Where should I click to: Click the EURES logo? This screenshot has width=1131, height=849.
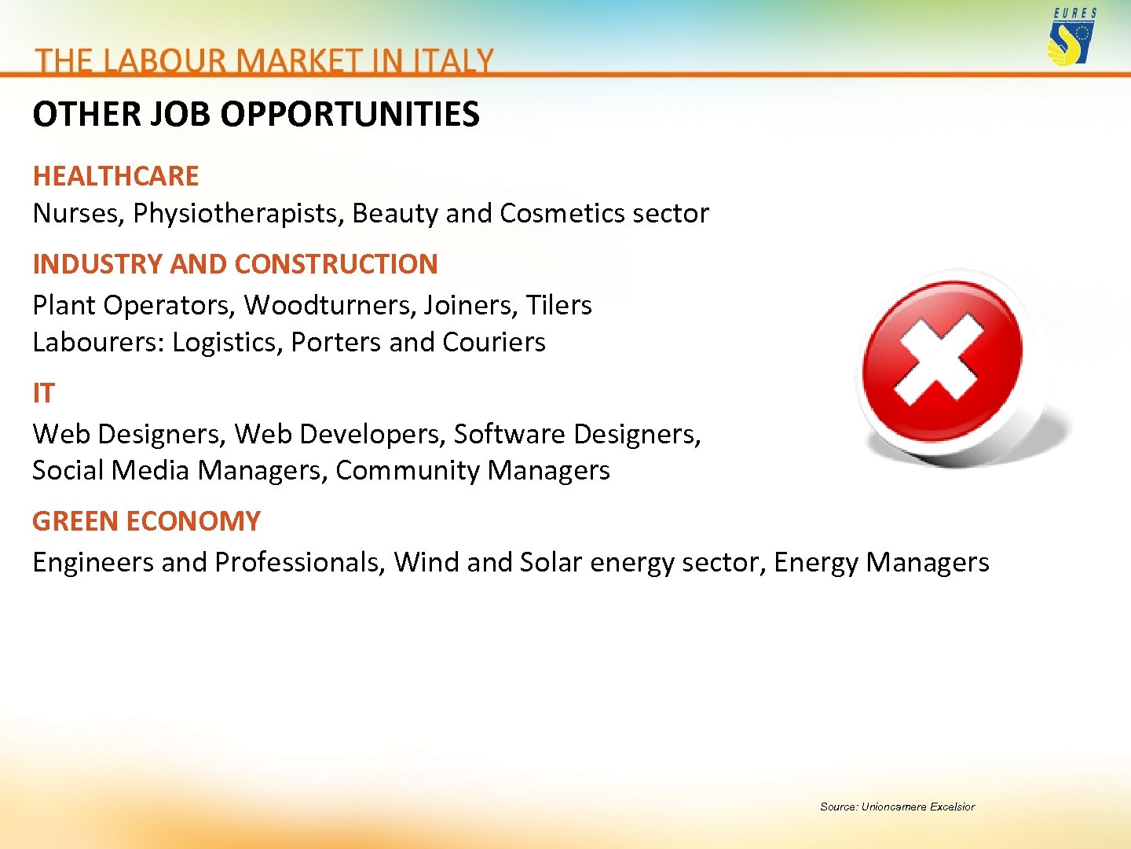tap(1071, 36)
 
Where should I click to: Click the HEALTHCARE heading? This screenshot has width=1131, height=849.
tap(115, 176)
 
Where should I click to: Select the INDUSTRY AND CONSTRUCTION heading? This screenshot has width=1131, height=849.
tap(235, 264)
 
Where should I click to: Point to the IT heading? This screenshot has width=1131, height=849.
tap(43, 393)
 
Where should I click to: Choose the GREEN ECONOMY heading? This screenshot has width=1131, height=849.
tap(146, 521)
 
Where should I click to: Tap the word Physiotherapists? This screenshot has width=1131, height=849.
tap(238, 214)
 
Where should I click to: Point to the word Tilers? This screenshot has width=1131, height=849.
tap(558, 305)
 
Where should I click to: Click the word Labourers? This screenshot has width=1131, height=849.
tap(98, 343)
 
